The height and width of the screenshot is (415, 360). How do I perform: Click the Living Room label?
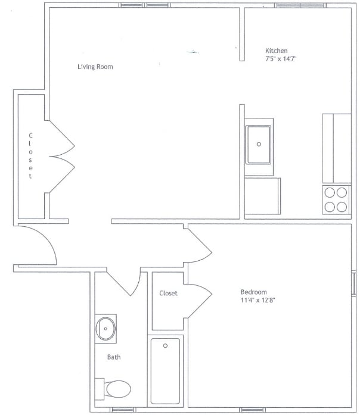coord(95,67)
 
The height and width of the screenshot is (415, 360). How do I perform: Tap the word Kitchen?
coord(277,51)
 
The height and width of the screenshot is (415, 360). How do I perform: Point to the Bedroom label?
coord(253,292)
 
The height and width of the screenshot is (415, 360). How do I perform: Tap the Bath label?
coord(114,357)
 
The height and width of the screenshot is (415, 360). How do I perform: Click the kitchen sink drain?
coord(259,144)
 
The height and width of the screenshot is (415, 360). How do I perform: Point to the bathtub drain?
coord(166,345)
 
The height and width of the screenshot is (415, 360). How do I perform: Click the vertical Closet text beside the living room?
coord(30,156)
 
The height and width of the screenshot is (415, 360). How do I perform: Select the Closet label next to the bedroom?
coord(168,293)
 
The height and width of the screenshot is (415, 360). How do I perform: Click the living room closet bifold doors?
coord(61,157)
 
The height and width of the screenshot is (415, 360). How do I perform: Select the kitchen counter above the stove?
coord(336,148)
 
